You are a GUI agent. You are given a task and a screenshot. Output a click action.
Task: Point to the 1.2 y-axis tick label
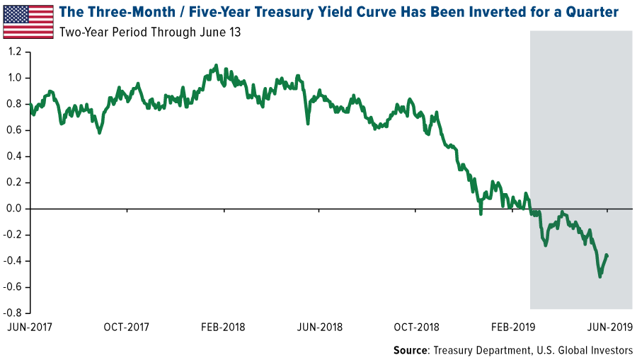click(15, 52)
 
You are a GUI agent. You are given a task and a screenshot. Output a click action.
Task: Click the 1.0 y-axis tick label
click(15, 78)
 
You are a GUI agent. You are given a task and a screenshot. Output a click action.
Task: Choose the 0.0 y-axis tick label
click(15, 209)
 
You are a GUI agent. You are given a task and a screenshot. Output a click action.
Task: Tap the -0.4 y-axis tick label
click(13, 261)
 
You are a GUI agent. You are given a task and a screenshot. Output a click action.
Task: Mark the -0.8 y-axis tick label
click(13, 313)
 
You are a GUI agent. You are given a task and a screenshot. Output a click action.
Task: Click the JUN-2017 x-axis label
click(30, 327)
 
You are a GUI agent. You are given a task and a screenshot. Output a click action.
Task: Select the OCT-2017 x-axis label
click(127, 327)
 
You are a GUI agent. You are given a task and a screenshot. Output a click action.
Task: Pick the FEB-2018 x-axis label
click(223, 327)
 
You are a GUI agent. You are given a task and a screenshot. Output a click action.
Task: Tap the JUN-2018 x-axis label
click(319, 327)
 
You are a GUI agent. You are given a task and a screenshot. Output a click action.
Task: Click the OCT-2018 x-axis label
click(415, 327)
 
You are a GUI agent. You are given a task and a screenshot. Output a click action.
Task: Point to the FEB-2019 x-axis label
click(512, 327)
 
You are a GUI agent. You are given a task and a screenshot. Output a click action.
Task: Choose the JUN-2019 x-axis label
click(608, 327)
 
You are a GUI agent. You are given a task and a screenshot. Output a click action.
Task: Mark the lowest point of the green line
click(600, 277)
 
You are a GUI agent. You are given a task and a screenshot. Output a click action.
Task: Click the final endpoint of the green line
click(608, 255)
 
